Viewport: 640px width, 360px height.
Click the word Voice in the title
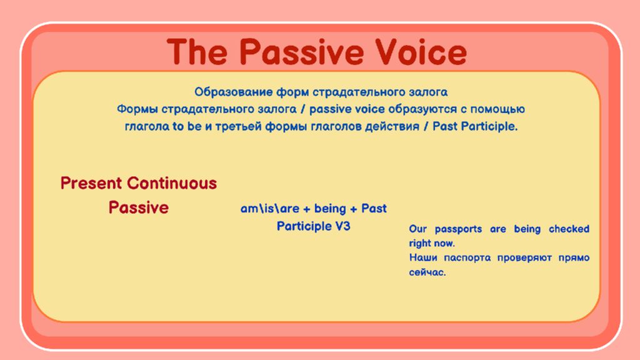pyautogui.click(x=421, y=52)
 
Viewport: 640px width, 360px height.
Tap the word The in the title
pyautogui.click(x=197, y=52)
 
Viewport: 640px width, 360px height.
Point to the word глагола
pyautogui.click(x=147, y=126)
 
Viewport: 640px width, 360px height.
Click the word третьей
pyautogui.click(x=238, y=126)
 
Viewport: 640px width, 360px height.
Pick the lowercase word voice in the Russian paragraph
pyautogui.click(x=369, y=109)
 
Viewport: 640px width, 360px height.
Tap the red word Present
pyautogui.click(x=91, y=183)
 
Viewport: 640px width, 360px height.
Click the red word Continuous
pyautogui.click(x=172, y=183)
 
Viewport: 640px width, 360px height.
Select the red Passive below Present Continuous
pyautogui.click(x=139, y=207)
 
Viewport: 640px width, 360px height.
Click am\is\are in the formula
pyautogui.click(x=270, y=209)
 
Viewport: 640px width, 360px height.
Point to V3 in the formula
pyautogui.click(x=343, y=226)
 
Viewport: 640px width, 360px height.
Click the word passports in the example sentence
pyautogui.click(x=458, y=229)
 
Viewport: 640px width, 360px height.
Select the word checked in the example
pyautogui.click(x=569, y=229)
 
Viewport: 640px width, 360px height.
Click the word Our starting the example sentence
pyautogui.click(x=418, y=229)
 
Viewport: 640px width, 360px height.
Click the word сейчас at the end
pyautogui.click(x=427, y=272)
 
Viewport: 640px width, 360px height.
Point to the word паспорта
pyautogui.click(x=467, y=258)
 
